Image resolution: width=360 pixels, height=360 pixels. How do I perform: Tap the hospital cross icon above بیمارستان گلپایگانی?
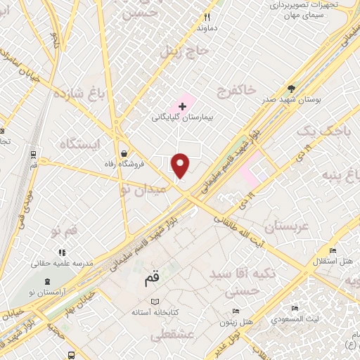[183, 105]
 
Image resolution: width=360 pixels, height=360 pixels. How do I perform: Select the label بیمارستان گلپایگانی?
[181, 117]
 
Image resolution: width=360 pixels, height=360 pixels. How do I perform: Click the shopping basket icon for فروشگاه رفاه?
[124, 153]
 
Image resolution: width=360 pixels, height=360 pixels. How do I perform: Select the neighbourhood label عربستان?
[287, 228]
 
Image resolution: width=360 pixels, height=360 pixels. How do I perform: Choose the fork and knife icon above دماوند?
[207, 18]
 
